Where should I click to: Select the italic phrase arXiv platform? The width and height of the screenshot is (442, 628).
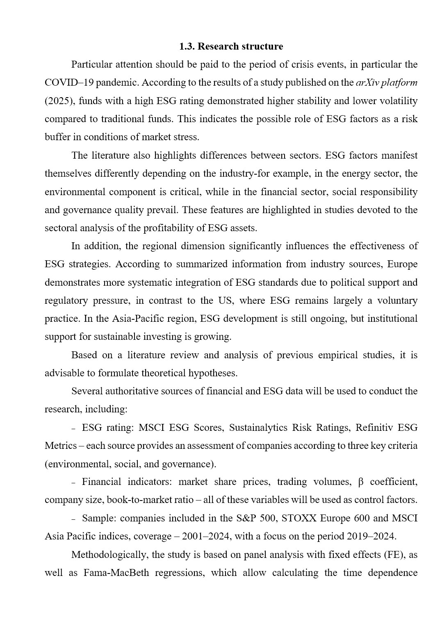pos(387,82)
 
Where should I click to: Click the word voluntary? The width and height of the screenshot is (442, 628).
pos(398,300)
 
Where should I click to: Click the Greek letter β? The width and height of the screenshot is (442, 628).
pos(361,482)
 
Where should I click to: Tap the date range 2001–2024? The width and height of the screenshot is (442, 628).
pos(205,536)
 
